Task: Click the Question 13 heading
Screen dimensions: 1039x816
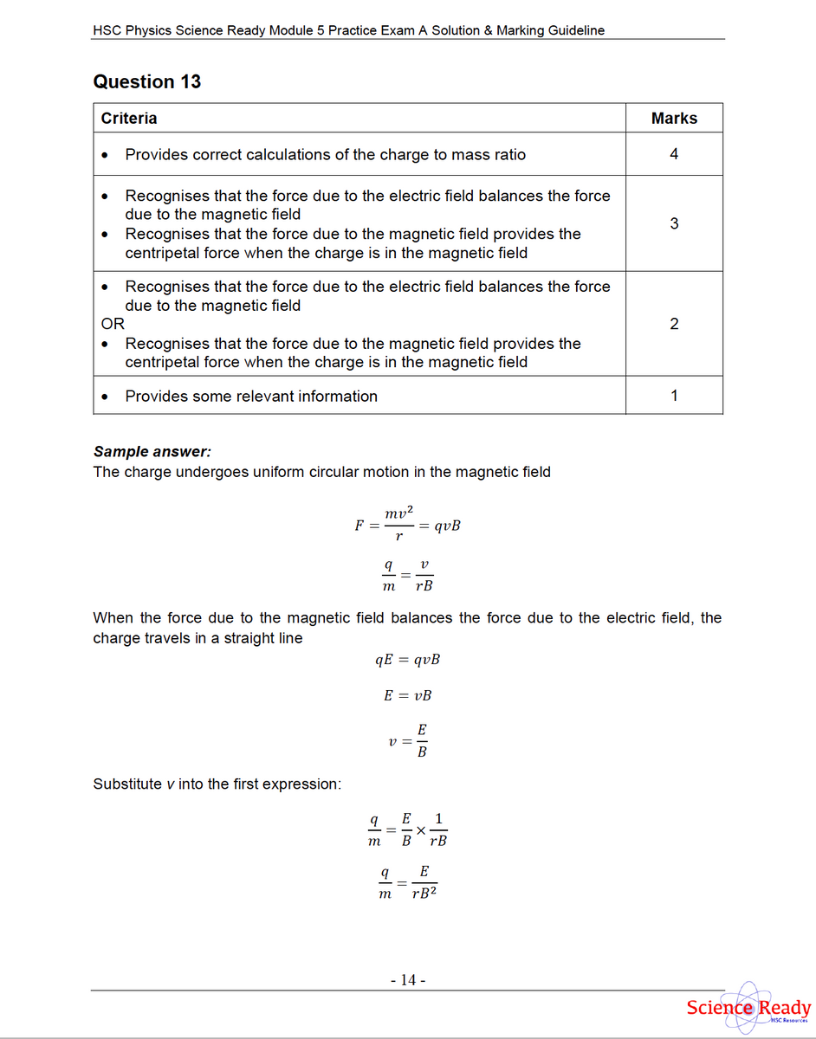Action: click(x=146, y=82)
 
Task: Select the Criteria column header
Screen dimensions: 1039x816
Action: click(x=129, y=119)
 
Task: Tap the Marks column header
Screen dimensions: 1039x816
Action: click(x=674, y=119)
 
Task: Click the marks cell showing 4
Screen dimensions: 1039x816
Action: click(x=674, y=155)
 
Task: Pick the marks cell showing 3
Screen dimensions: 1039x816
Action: click(x=674, y=224)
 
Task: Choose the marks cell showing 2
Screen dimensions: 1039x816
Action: click(x=674, y=324)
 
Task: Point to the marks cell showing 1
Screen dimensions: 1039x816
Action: click(x=674, y=397)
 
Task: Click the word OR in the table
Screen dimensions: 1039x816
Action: click(x=113, y=324)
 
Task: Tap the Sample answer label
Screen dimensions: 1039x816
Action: click(x=152, y=452)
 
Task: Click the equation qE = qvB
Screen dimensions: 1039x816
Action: click(x=407, y=660)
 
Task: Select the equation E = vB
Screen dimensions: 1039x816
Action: click(x=407, y=695)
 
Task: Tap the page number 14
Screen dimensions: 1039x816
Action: click(x=408, y=980)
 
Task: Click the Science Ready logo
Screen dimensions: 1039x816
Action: click(x=747, y=1008)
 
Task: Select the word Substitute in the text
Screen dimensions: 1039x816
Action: click(x=126, y=784)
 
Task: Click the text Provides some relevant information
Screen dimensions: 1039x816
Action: click(x=251, y=397)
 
